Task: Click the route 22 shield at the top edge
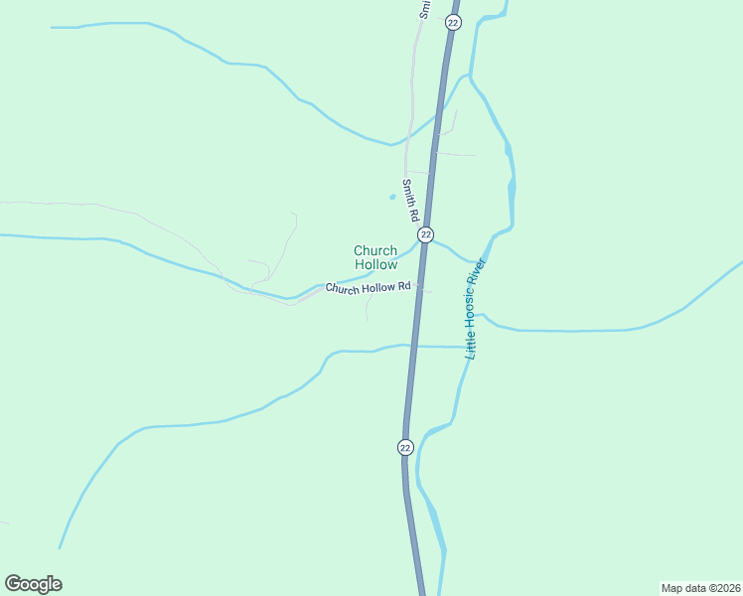(x=452, y=22)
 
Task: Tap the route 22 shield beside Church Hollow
(x=425, y=234)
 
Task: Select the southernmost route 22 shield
(x=405, y=447)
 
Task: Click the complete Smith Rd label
(x=409, y=201)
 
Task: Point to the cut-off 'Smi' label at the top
(x=425, y=9)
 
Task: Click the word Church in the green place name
(x=375, y=251)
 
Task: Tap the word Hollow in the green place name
(x=375, y=265)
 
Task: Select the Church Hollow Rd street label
(x=369, y=288)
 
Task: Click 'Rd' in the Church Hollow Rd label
(x=403, y=286)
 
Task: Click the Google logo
(x=33, y=584)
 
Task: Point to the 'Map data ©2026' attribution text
(x=700, y=587)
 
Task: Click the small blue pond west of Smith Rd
(x=392, y=197)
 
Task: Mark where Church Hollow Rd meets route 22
(x=419, y=286)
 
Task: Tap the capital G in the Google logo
(x=13, y=584)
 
